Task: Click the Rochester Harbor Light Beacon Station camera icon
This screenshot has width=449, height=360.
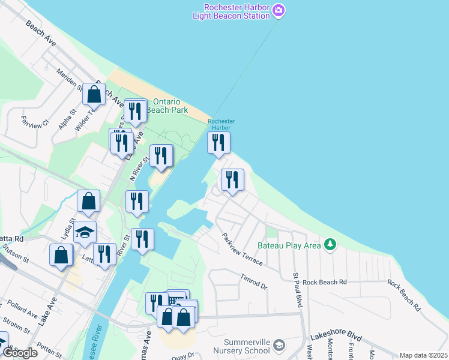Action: coord(279,10)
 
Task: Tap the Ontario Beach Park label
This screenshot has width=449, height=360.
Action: coord(170,106)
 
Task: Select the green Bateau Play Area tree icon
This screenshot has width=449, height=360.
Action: coord(329,245)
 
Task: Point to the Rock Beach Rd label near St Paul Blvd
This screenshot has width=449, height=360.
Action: coord(325,282)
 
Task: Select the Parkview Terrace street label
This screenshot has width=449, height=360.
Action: coord(242,250)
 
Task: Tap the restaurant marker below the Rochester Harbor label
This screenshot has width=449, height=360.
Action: coord(218,143)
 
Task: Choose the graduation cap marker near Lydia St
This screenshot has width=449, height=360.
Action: coord(85,232)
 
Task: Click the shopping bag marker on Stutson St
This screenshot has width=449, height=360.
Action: coord(61,254)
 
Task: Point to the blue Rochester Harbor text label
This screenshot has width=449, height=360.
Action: coord(219,124)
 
